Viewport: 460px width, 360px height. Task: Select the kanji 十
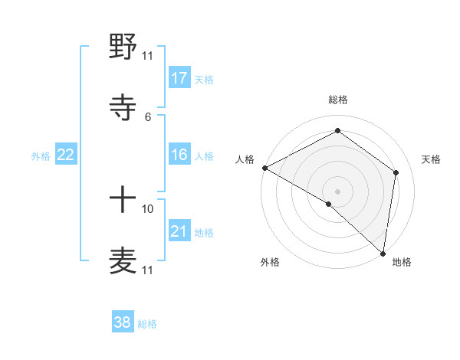[x=123, y=201]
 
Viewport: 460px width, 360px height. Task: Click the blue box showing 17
[x=179, y=78]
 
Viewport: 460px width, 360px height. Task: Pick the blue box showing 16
[x=179, y=155]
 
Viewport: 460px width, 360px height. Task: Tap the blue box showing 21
[x=179, y=231]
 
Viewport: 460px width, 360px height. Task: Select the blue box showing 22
[x=66, y=155]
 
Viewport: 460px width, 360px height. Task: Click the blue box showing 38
[x=123, y=323]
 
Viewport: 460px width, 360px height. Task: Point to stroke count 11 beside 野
[x=147, y=55]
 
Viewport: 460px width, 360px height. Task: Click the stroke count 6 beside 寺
[x=147, y=116]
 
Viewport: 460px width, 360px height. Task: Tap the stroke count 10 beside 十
[x=147, y=208]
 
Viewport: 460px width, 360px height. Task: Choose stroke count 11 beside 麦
[x=147, y=270]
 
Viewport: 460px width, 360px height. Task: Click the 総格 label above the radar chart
[x=338, y=100]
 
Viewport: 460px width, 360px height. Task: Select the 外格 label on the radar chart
[x=270, y=262]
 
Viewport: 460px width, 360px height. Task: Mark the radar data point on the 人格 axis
[x=264, y=168]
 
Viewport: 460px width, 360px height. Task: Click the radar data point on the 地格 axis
[x=383, y=253]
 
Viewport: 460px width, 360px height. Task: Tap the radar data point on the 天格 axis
[x=396, y=172]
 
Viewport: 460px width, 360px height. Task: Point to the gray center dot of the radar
[x=338, y=191]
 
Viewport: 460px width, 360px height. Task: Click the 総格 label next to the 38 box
[x=147, y=324]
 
